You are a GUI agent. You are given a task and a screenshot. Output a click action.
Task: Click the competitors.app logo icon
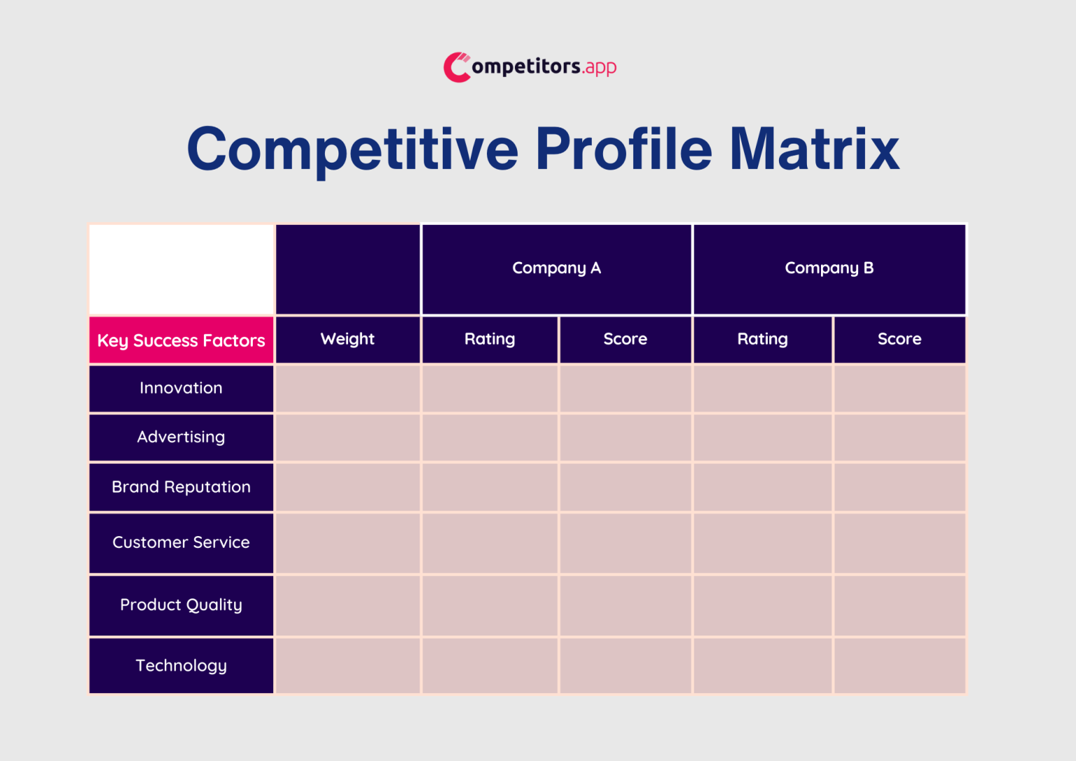click(x=457, y=67)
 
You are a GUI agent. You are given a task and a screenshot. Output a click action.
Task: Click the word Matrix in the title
click(x=814, y=149)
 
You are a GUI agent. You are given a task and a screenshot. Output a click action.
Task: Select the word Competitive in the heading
click(x=352, y=149)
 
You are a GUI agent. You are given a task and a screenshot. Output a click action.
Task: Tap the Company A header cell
click(x=556, y=268)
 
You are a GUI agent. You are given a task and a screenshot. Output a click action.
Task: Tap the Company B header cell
click(x=829, y=268)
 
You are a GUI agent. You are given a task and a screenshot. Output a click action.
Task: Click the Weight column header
click(x=347, y=339)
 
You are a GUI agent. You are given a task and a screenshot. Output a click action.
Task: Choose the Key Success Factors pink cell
click(x=181, y=341)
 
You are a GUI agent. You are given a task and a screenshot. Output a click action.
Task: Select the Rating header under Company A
click(x=490, y=339)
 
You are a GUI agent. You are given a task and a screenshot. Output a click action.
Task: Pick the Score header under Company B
click(x=899, y=339)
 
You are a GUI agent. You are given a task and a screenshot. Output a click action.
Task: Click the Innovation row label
click(x=181, y=388)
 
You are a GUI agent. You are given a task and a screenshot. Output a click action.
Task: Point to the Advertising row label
click(x=181, y=437)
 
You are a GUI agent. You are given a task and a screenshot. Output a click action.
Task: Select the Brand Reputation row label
click(x=181, y=487)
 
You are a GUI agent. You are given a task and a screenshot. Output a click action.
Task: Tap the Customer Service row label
click(x=181, y=542)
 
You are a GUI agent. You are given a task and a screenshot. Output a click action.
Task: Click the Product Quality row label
click(x=181, y=605)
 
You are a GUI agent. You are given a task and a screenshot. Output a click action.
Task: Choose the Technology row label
click(x=181, y=666)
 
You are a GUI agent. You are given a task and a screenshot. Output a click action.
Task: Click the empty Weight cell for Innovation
click(x=347, y=388)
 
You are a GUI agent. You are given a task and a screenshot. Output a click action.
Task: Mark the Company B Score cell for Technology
click(x=899, y=666)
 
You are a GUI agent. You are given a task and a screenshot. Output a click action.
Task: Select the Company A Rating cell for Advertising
click(x=490, y=437)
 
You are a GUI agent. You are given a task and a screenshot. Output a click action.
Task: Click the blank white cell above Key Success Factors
click(x=181, y=269)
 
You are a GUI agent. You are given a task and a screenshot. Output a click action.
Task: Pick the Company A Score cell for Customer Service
click(x=626, y=543)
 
